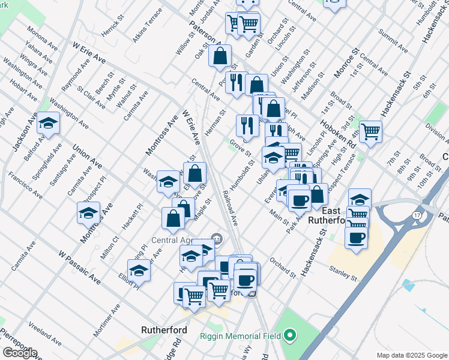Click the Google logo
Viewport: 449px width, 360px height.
(x=20, y=353)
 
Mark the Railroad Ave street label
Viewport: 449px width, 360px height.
(x=231, y=209)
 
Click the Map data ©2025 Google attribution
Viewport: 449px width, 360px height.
(x=411, y=355)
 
